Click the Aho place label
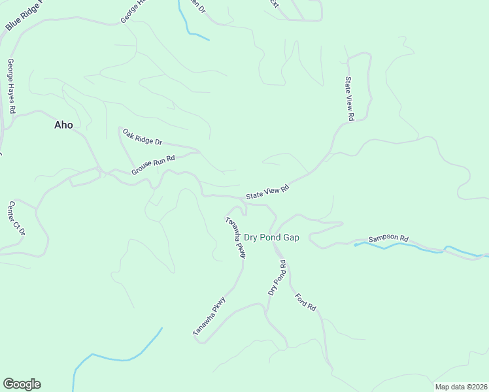pyautogui.click(x=63, y=125)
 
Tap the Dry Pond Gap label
pyautogui.click(x=271, y=237)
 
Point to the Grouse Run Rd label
pyautogui.click(x=154, y=165)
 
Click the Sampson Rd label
pyautogui.click(x=388, y=239)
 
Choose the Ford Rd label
pyautogui.click(x=305, y=301)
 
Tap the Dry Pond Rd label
pyautogui.click(x=278, y=277)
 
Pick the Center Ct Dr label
pyautogui.click(x=17, y=218)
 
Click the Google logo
pyautogui.click(x=22, y=384)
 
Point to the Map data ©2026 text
pyautogui.click(x=461, y=387)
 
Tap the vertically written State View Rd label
pyautogui.click(x=349, y=99)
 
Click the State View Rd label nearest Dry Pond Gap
pyautogui.click(x=267, y=192)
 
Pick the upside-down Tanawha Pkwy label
pyautogui.click(x=235, y=237)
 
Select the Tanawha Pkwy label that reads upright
pyautogui.click(x=209, y=317)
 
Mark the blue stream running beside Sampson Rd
pyautogui.click(x=418, y=248)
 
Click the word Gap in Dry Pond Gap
pyautogui.click(x=291, y=237)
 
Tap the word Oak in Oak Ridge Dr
pyautogui.click(x=129, y=132)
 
